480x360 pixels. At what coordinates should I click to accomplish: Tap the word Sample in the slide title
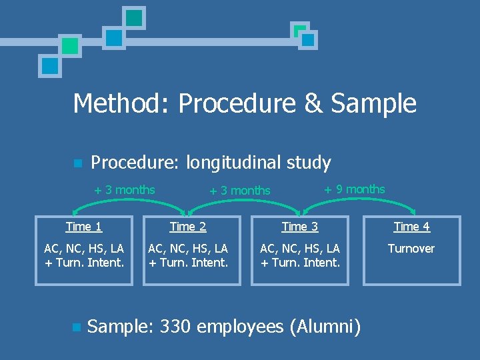[x=373, y=103]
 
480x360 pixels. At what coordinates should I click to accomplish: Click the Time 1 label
[x=84, y=227]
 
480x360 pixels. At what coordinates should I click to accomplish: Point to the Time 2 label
[x=188, y=227]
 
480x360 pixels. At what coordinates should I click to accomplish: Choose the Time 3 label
[x=300, y=227]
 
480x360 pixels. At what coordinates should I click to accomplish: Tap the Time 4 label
[x=411, y=227]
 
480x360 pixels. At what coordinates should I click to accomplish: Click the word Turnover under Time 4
[x=411, y=249]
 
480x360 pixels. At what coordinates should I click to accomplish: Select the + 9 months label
[x=355, y=189]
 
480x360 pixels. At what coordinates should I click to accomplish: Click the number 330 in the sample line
[x=175, y=327]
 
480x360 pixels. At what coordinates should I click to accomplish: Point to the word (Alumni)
[x=325, y=327]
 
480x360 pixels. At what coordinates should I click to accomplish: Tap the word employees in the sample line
[x=241, y=327]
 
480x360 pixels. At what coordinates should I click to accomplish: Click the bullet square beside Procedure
[x=77, y=163]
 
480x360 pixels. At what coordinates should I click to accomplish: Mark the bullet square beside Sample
[x=77, y=327]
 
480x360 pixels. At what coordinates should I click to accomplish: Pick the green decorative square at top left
[x=69, y=45]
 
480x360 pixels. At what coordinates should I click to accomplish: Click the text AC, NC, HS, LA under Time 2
[x=188, y=249]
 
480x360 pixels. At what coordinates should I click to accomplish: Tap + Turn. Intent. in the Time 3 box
[x=300, y=262]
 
